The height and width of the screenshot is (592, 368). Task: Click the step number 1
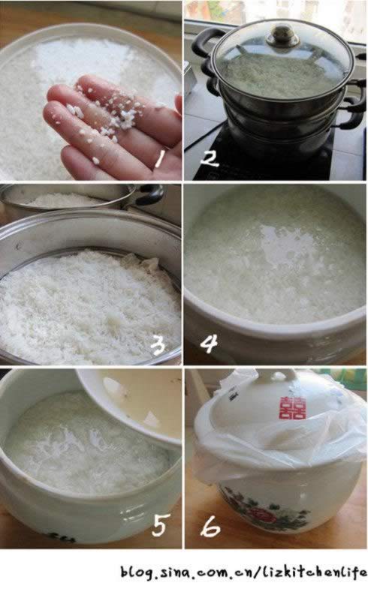160,158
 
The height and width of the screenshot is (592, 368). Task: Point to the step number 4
209,344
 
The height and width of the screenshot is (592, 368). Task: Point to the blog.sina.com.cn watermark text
243,572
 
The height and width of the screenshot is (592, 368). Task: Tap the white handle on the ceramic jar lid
279,377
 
